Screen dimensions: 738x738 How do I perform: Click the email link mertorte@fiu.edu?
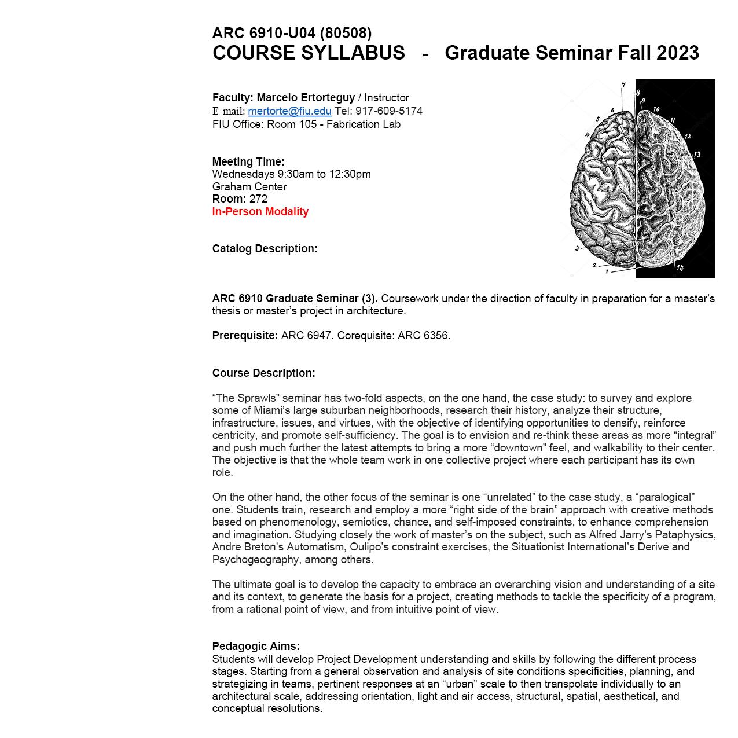coord(289,111)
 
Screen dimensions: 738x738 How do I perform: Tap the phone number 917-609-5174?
coord(389,111)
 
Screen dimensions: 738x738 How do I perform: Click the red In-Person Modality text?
coord(260,212)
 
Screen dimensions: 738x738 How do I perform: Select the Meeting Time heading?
coord(248,161)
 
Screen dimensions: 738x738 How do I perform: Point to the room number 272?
coord(258,199)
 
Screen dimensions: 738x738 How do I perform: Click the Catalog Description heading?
coord(265,249)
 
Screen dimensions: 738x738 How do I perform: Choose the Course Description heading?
coord(264,373)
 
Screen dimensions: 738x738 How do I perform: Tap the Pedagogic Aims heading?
coord(256,647)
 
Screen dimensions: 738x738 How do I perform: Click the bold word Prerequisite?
coord(245,336)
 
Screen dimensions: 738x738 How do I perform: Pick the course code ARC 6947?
coord(307,336)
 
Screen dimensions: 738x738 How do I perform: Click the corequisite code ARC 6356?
coord(423,336)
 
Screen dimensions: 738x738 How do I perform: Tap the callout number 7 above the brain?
coord(623,86)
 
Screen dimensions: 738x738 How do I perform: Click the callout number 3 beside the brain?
coord(577,249)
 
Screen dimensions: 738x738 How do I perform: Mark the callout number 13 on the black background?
coord(697,155)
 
